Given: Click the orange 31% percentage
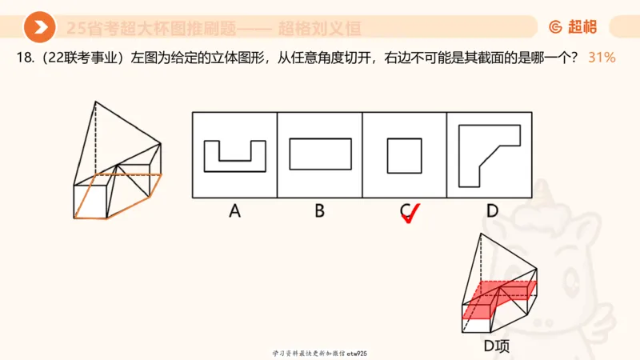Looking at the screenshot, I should [x=601, y=58].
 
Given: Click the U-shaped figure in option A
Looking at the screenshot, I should [x=234, y=156].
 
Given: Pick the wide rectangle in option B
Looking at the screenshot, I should [x=319, y=154].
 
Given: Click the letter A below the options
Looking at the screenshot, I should [x=234, y=211].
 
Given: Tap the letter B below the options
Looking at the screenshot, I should [x=319, y=211].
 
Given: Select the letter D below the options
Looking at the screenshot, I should [x=491, y=211].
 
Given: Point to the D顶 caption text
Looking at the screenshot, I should [x=497, y=346].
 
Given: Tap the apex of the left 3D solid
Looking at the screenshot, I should [x=95, y=102].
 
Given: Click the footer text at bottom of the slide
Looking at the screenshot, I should [x=320, y=353].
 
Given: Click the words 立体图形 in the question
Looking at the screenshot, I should [x=243, y=58].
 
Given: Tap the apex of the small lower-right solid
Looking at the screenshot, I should [x=482, y=234].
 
